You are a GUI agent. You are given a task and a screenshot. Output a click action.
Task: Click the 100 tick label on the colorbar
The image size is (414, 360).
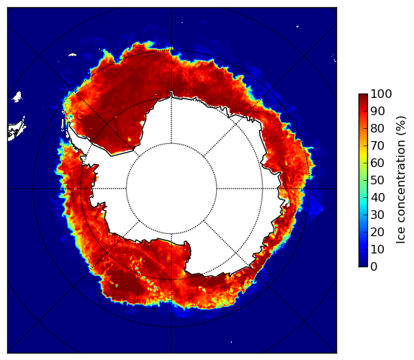click(x=381, y=94)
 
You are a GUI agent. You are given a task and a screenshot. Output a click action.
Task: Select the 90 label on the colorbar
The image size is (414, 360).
click(x=377, y=111)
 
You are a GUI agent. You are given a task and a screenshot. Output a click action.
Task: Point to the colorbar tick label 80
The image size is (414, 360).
click(x=377, y=129)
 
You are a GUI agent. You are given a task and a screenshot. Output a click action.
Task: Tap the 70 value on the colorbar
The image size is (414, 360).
click(x=377, y=145)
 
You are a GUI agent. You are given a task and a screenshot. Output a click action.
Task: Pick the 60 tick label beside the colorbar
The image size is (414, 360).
click(x=377, y=163)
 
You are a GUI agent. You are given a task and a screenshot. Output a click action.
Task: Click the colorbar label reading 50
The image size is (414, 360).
click(x=377, y=181)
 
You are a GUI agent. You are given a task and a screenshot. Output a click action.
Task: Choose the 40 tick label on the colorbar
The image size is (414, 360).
click(x=377, y=197)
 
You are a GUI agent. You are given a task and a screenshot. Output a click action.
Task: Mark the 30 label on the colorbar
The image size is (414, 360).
click(x=377, y=215)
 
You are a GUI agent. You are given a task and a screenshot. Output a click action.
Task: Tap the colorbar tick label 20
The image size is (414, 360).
click(x=377, y=232)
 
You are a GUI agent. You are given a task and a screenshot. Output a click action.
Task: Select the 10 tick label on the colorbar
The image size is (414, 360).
click(x=377, y=249)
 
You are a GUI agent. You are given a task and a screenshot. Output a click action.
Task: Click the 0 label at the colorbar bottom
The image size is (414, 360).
click(x=374, y=267)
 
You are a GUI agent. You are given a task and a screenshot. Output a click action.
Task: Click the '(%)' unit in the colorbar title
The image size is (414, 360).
click(x=400, y=126)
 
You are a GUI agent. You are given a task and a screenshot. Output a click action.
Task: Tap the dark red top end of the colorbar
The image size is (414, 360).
click(x=363, y=96)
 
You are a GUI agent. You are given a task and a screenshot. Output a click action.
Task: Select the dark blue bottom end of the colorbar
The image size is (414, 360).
click(x=363, y=265)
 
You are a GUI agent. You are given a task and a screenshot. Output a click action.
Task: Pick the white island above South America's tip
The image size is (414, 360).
click(x=17, y=96)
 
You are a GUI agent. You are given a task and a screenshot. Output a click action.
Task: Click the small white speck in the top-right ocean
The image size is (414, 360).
click(x=297, y=26)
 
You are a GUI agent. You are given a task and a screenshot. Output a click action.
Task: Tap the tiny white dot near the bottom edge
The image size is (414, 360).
click(x=232, y=342)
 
